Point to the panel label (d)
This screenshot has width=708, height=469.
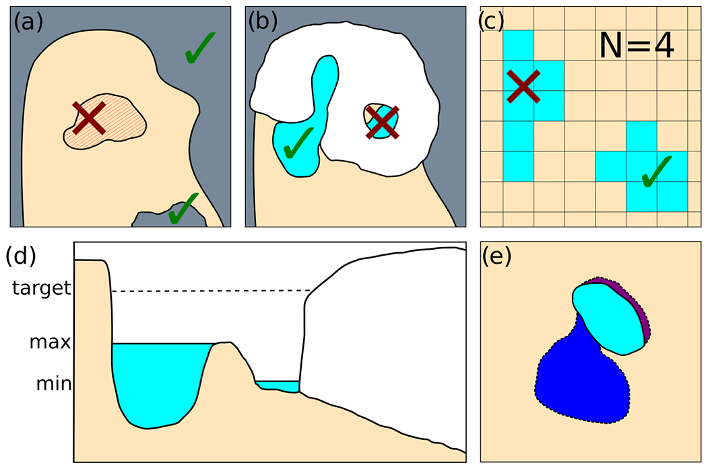[x=20, y=256]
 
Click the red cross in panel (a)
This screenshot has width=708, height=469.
[x=90, y=118]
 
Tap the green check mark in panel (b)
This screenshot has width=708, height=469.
[x=297, y=143]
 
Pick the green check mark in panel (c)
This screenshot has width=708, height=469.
[x=656, y=171]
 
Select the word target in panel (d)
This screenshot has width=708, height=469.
[x=41, y=289]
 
